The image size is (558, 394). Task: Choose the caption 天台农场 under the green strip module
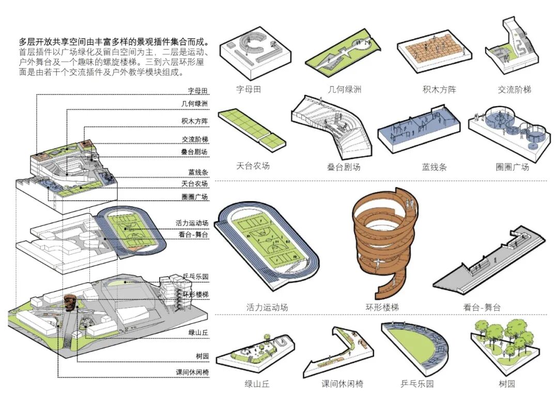pyautogui.click(x=253, y=166)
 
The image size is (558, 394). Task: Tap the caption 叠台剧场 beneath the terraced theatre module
pyautogui.click(x=344, y=167)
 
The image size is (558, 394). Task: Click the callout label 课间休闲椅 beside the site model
pyautogui.click(x=192, y=371)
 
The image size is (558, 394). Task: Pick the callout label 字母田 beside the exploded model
pyautogui.click(x=198, y=91)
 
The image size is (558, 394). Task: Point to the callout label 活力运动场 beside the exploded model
pyautogui.click(x=192, y=223)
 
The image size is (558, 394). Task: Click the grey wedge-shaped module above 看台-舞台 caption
pyautogui.click(x=488, y=266)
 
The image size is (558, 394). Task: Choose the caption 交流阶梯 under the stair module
pyautogui.click(x=514, y=89)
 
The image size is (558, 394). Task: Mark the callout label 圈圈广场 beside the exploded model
pyautogui.click(x=195, y=197)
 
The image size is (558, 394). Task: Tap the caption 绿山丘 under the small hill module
pyautogui.click(x=257, y=384)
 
